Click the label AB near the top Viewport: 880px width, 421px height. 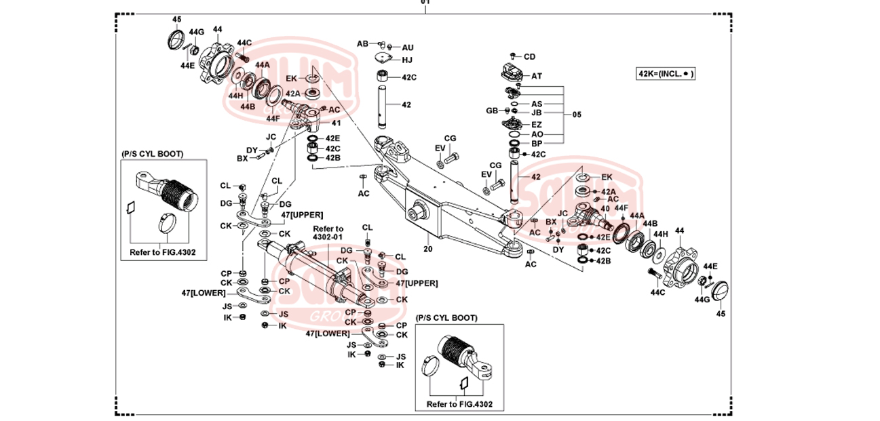[362, 43]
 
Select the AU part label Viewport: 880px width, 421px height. [407, 47]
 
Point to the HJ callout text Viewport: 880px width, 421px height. [407, 60]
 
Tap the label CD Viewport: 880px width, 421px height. [529, 57]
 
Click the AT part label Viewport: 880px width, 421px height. [536, 76]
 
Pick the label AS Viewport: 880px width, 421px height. [536, 104]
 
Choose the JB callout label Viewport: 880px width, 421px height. [536, 113]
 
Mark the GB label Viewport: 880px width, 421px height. [492, 111]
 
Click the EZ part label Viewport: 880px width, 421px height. [536, 125]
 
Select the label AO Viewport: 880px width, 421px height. [536, 134]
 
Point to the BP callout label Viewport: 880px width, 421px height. [536, 144]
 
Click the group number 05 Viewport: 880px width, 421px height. [577, 115]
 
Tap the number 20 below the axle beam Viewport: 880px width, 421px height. [428, 249]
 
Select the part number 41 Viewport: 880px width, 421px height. [336, 123]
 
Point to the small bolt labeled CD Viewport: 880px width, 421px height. [514, 56]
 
